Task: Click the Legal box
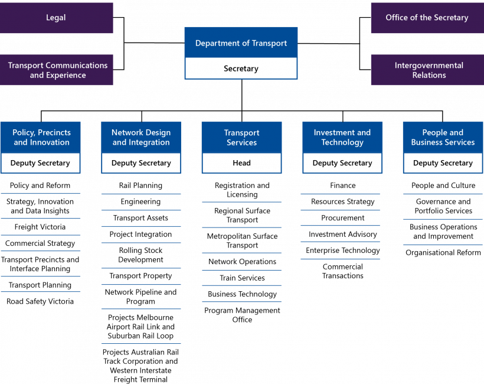pyautogui.click(x=56, y=18)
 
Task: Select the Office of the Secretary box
pyautogui.click(x=427, y=18)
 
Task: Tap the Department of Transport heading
pyautogui.click(x=241, y=43)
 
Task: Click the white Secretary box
pyautogui.click(x=241, y=69)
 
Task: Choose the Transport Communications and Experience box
pyautogui.click(x=57, y=70)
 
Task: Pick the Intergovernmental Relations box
pyautogui.click(x=429, y=70)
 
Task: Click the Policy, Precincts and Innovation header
pyautogui.click(x=41, y=137)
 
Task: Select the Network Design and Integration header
pyautogui.click(x=141, y=137)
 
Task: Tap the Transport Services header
pyautogui.click(x=241, y=137)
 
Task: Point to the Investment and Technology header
pyautogui.click(x=342, y=137)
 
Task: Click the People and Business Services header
pyautogui.click(x=443, y=137)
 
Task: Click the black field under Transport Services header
pyautogui.click(x=241, y=163)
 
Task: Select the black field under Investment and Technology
pyautogui.click(x=342, y=163)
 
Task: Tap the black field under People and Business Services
pyautogui.click(x=443, y=163)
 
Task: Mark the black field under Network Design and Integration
pyautogui.click(x=141, y=163)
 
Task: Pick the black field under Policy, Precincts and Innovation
pyautogui.click(x=41, y=163)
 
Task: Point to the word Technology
pyautogui.click(x=342, y=142)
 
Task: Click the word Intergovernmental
pyautogui.click(x=429, y=66)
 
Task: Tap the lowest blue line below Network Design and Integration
pyautogui.click(x=141, y=343)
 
